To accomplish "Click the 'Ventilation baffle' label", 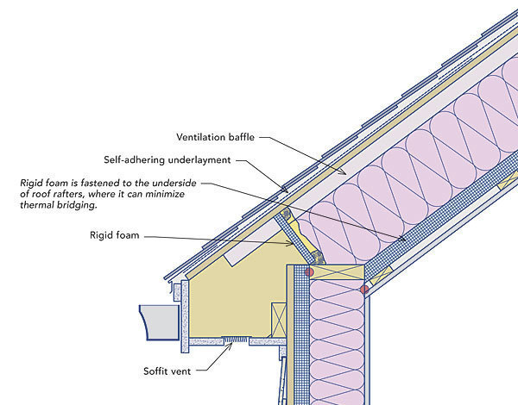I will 216,137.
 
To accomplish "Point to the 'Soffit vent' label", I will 167,372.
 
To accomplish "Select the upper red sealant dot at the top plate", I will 306,271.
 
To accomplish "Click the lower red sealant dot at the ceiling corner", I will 364,290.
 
